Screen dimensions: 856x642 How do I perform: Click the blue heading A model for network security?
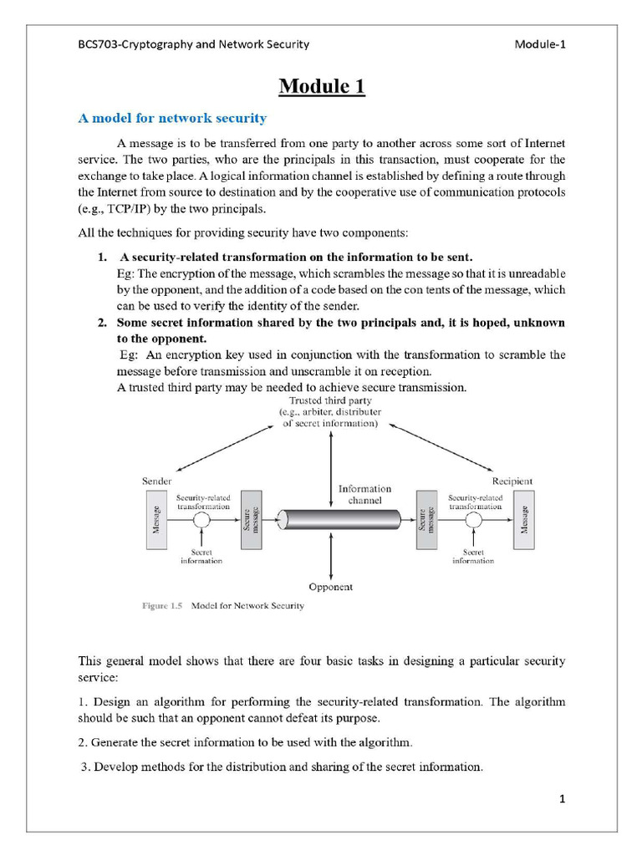pyautogui.click(x=172, y=118)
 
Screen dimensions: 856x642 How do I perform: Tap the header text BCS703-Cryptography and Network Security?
pyautogui.click(x=193, y=44)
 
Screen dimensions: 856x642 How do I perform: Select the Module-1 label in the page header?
pyautogui.click(x=540, y=44)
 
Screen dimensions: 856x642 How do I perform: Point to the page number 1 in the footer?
pyautogui.click(x=563, y=800)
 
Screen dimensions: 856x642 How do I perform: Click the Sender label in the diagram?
pyautogui.click(x=158, y=481)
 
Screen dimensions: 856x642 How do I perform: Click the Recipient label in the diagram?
pyautogui.click(x=512, y=481)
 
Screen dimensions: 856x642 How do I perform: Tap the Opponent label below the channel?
pyautogui.click(x=331, y=587)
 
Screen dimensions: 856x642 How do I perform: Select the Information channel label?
pyautogui.click(x=364, y=494)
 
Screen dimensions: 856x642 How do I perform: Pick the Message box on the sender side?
pyautogui.click(x=157, y=520)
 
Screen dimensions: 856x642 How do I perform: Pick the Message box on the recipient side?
pyautogui.click(x=524, y=520)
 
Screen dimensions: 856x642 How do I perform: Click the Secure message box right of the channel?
pyautogui.click(x=426, y=520)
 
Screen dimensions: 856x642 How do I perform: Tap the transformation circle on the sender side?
pyautogui.click(x=201, y=520)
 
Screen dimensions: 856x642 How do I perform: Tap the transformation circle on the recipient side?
pyautogui.click(x=474, y=520)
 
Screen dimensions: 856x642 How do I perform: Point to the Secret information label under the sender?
pyautogui.click(x=201, y=556)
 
